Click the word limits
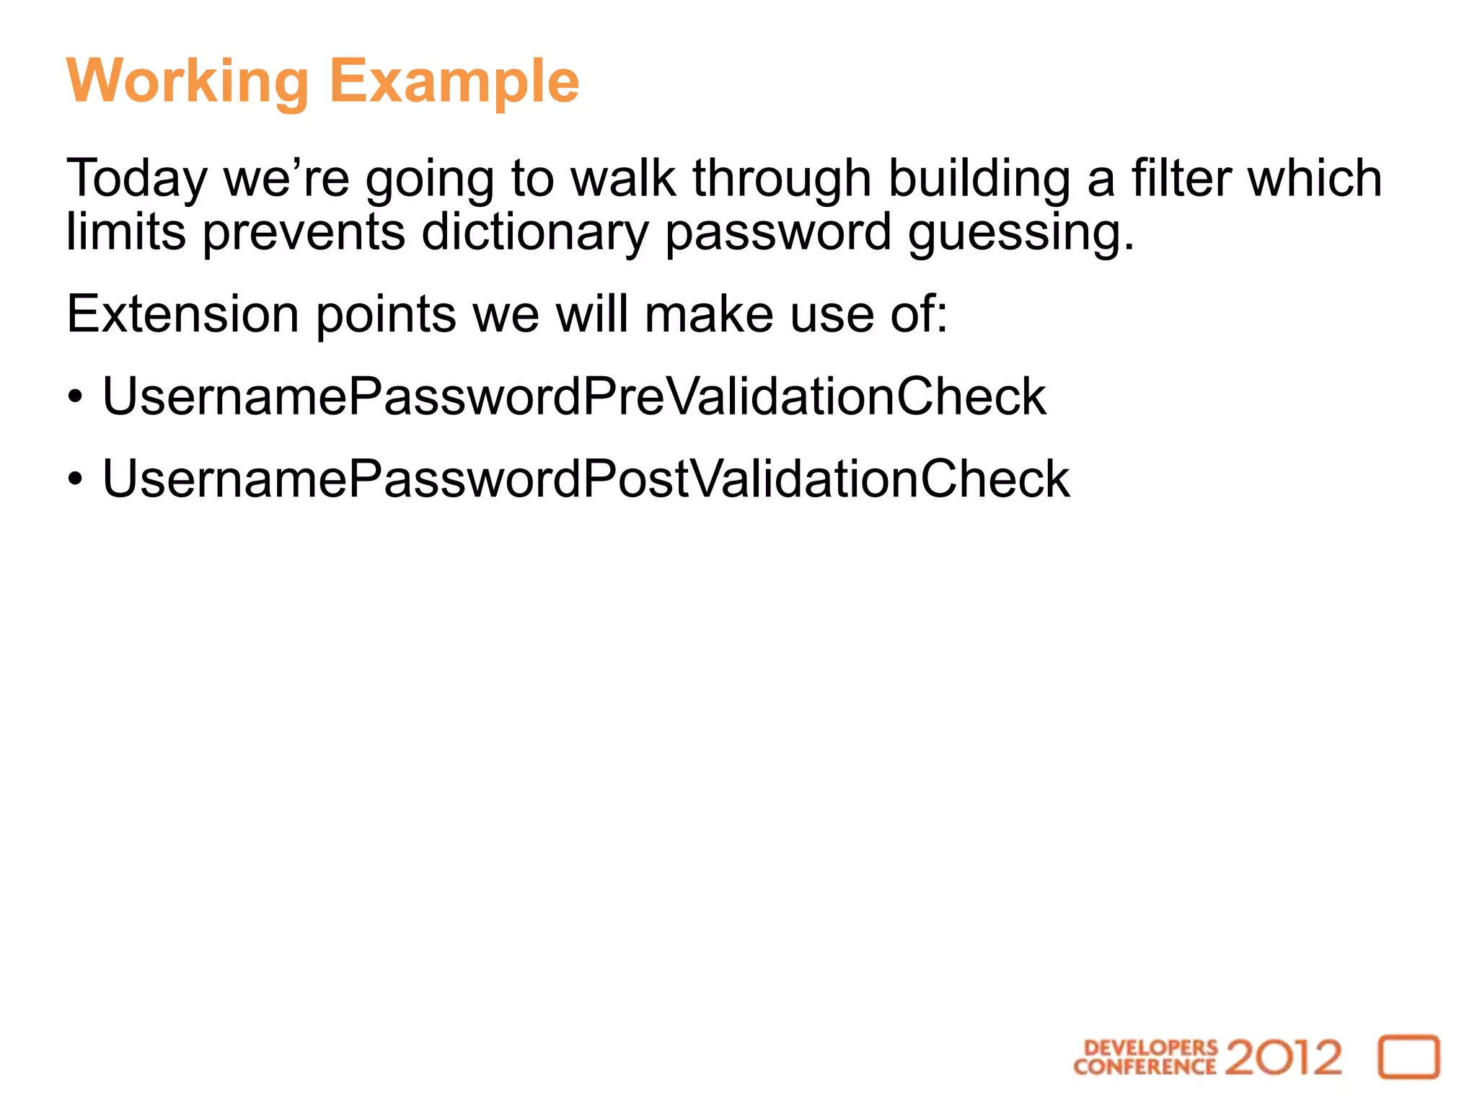(126, 232)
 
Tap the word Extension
(182, 314)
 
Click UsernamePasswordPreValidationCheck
(573, 397)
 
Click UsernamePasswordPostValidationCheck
(586, 479)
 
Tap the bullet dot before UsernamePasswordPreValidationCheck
(76, 398)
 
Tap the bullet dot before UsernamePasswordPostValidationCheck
(76, 480)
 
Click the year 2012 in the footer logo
(1283, 1057)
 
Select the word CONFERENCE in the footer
(1145, 1067)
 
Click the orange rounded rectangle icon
(1408, 1057)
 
